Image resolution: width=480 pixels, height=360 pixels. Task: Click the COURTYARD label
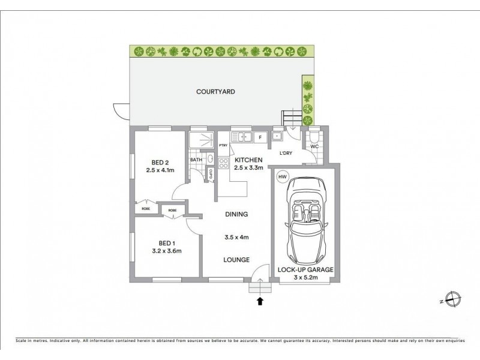pyautogui.click(x=215, y=92)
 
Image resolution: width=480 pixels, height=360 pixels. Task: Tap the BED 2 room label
pyautogui.click(x=160, y=162)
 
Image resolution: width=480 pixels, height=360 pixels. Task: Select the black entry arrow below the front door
pyautogui.click(x=260, y=301)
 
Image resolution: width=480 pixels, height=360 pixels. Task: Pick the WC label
pyautogui.click(x=314, y=146)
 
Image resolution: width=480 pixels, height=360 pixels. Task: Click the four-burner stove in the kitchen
pyautogui.click(x=224, y=163)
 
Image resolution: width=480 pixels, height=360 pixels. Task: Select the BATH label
pyautogui.click(x=196, y=160)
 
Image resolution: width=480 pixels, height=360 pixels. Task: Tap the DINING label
pyautogui.click(x=236, y=214)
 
